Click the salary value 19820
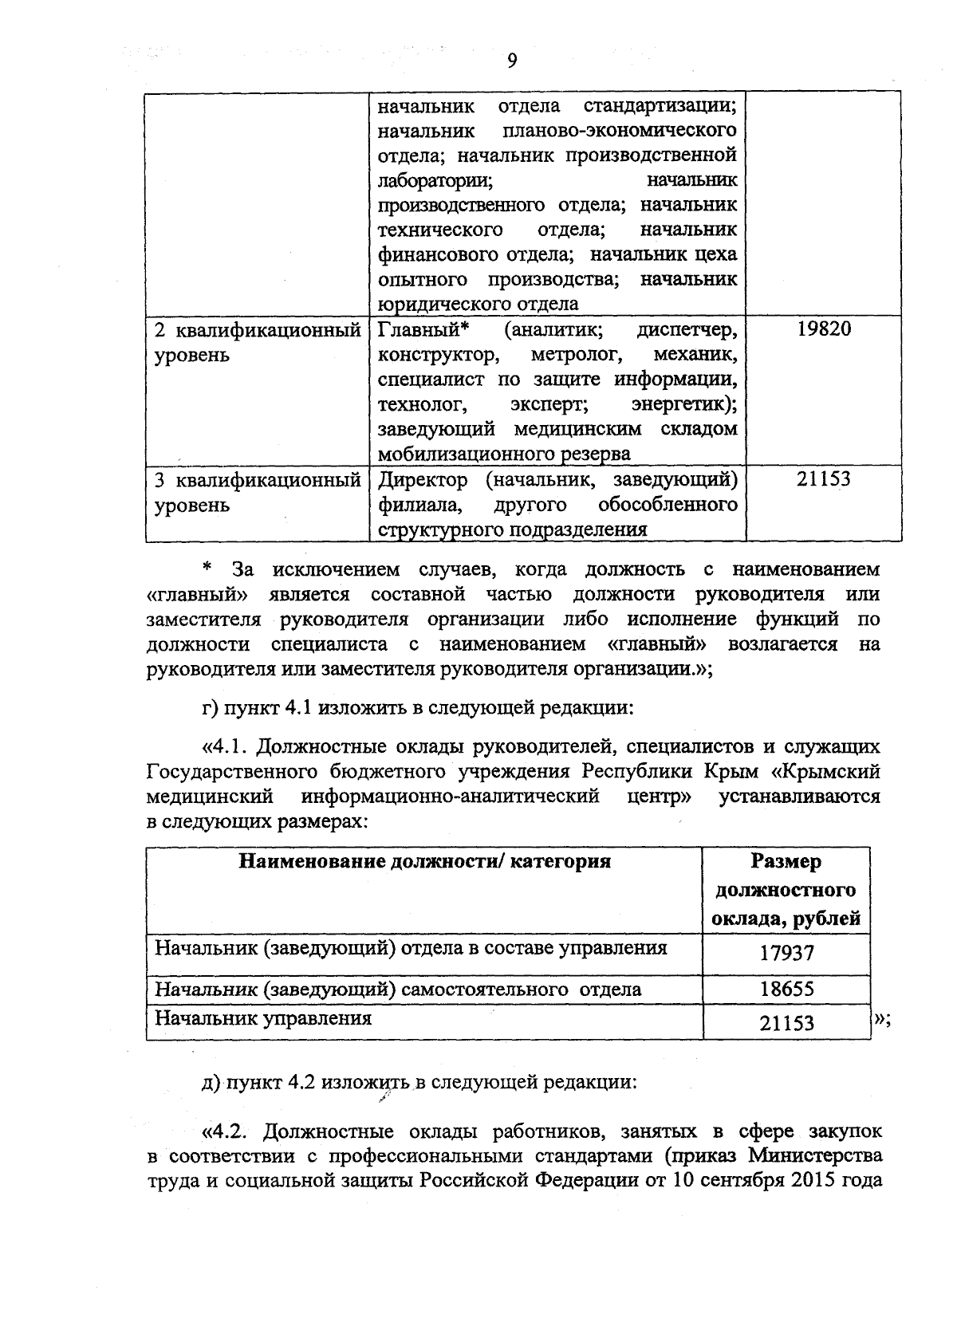824,329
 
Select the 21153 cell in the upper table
824,479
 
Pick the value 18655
786,990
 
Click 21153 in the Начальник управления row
786,1022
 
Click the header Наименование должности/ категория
424,861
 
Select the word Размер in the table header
786,862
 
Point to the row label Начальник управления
263,1018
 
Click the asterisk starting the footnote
207,568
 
